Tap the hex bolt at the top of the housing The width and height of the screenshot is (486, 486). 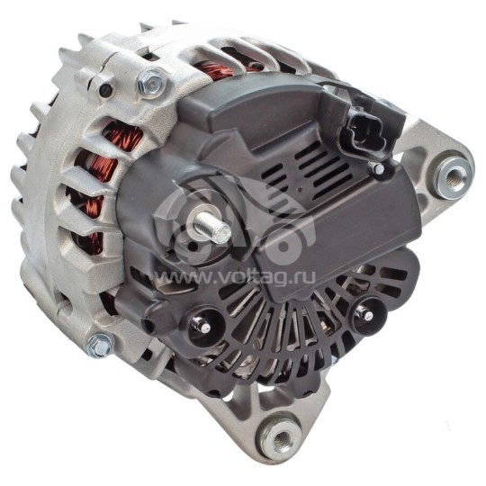pos(151,85)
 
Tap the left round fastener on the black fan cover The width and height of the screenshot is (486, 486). pos(204,328)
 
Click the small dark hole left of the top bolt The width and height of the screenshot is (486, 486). pos(106,89)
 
